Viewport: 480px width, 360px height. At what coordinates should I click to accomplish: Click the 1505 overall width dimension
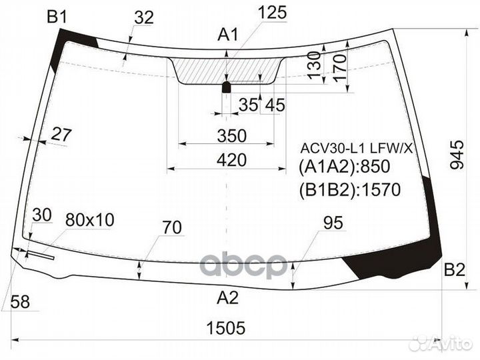[x=226, y=327]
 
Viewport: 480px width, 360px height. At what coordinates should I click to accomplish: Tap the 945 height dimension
[x=457, y=155]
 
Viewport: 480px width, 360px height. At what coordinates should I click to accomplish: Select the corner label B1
[x=57, y=17]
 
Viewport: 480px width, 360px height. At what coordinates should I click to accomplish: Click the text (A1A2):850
[x=343, y=167]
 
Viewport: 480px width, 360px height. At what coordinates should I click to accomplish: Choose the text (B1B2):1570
[x=349, y=190]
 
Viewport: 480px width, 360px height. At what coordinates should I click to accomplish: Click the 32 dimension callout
[x=143, y=18]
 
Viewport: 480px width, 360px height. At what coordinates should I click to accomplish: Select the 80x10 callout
[x=90, y=219]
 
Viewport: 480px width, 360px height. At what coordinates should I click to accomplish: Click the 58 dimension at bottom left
[x=20, y=302]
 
